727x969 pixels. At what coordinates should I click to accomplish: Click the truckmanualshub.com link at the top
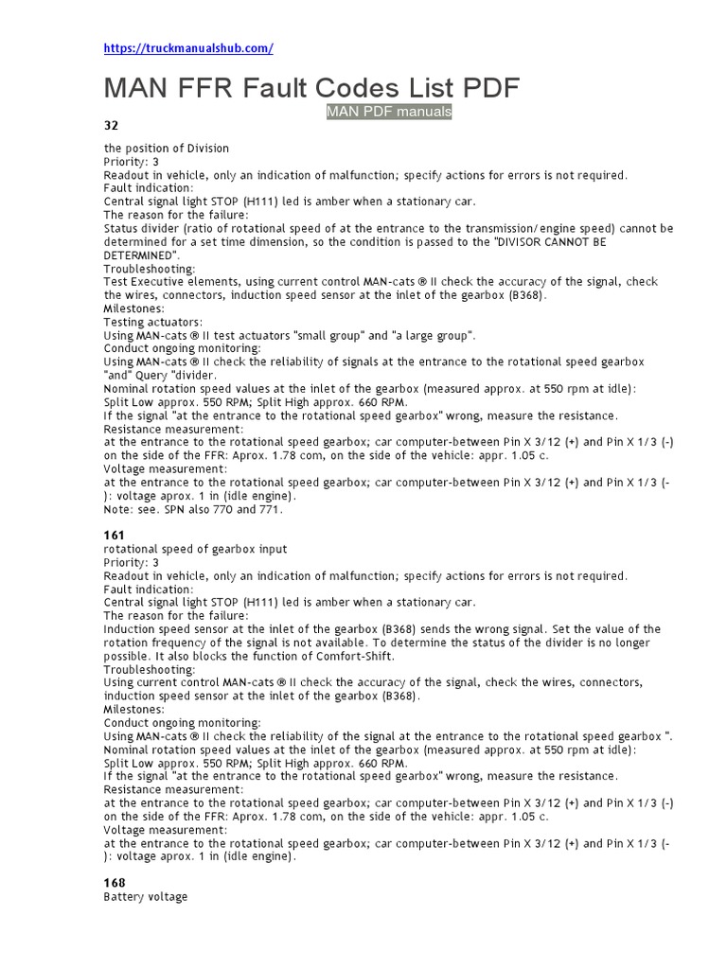pyautogui.click(x=187, y=48)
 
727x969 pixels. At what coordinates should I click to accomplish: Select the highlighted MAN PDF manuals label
pyautogui.click(x=389, y=112)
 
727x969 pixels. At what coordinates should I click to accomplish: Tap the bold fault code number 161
pyautogui.click(x=114, y=536)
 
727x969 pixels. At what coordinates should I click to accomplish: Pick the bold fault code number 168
pyautogui.click(x=114, y=883)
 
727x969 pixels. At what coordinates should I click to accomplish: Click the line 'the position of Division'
pyautogui.click(x=166, y=149)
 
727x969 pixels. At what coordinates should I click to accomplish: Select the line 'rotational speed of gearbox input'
pyautogui.click(x=195, y=550)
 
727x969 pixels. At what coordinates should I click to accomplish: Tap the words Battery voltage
pyautogui.click(x=146, y=897)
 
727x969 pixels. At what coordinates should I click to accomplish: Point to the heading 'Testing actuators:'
pyautogui.click(x=152, y=322)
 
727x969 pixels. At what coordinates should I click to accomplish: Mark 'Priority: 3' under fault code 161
pyautogui.click(x=131, y=562)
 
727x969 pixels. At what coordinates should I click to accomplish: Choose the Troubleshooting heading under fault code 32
pyautogui.click(x=149, y=269)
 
